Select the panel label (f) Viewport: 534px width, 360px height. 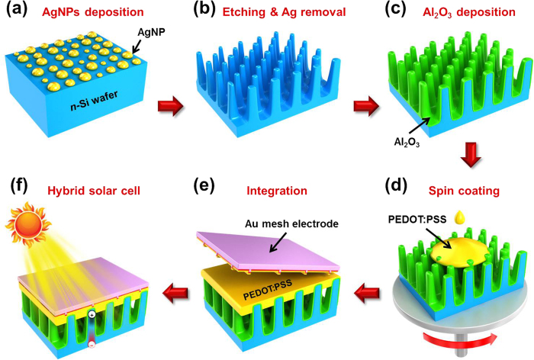(x=18, y=185)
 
